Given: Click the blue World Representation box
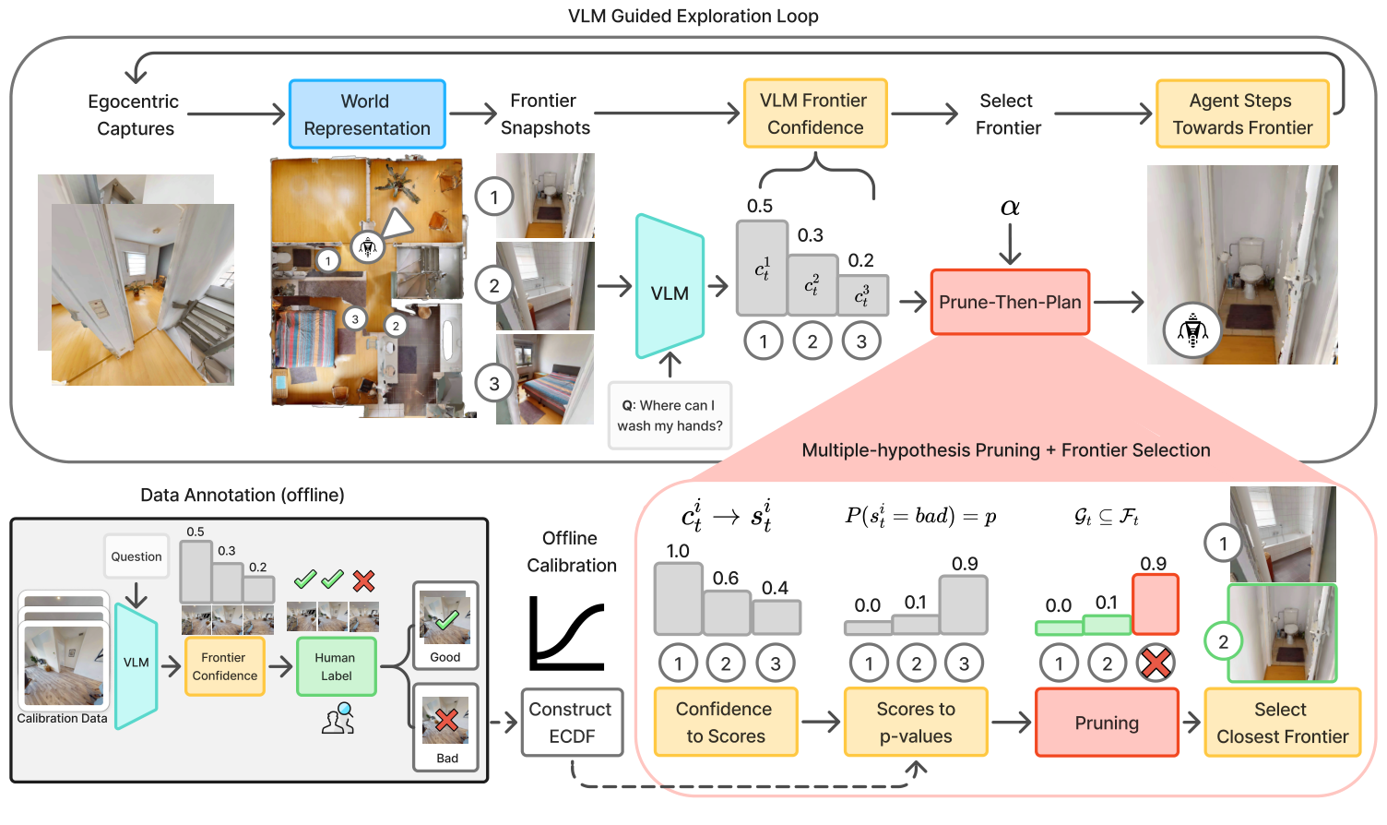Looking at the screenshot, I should [x=367, y=114].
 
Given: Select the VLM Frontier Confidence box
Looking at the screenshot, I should [x=815, y=114].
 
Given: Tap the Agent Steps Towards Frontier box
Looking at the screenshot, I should [x=1242, y=114].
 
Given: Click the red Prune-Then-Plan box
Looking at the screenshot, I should [x=1010, y=302].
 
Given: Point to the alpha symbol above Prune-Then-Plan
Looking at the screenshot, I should [x=1010, y=208].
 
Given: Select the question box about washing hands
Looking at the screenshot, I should [x=670, y=415].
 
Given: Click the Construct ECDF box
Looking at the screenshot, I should [x=572, y=723].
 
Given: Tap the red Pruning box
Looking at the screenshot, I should [x=1107, y=723].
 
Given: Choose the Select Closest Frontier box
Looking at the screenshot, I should [x=1282, y=723].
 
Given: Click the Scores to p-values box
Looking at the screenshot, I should [x=916, y=723].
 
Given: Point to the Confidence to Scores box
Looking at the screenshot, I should [x=725, y=723].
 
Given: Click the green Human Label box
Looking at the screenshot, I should [x=336, y=666].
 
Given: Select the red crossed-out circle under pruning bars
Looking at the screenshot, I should [x=1156, y=663].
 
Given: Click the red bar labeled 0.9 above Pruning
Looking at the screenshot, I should [x=1156, y=604].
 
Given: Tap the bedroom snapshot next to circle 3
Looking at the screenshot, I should [x=544, y=379].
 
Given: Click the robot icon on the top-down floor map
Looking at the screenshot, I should [x=368, y=246].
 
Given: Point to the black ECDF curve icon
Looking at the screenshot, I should [x=566, y=634].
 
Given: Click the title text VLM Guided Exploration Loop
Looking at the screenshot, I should [x=693, y=16].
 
